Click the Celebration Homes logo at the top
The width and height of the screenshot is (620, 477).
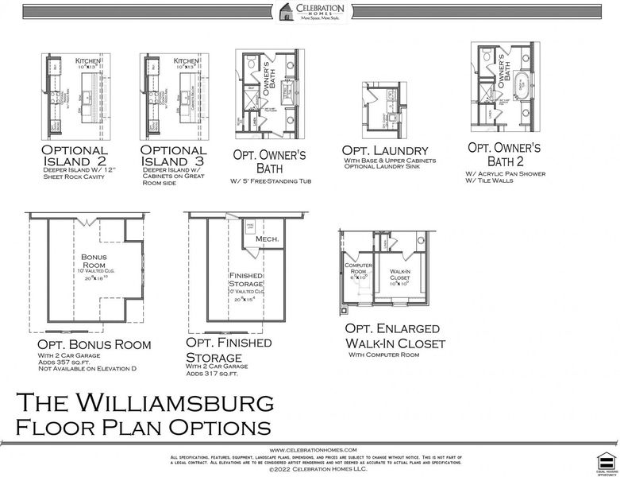point(310,14)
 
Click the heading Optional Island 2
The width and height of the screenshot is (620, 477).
point(75,156)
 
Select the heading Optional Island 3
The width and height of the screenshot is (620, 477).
point(174,156)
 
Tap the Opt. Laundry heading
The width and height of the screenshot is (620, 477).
point(385,150)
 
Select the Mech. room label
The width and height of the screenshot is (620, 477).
point(267,238)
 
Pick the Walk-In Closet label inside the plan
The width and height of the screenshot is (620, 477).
point(399,274)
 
